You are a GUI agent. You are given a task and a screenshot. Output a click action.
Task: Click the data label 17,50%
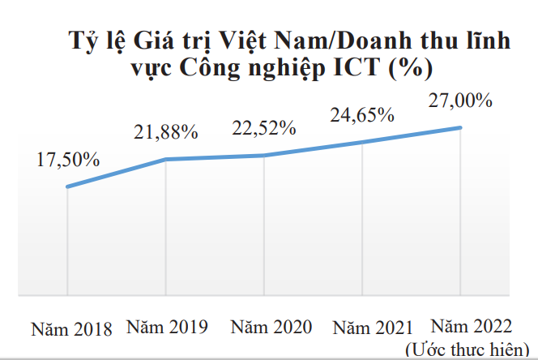tap(68, 161)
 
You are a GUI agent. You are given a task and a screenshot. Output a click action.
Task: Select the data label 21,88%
tap(166, 132)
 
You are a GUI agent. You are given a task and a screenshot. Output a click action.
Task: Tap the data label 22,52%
tap(264, 128)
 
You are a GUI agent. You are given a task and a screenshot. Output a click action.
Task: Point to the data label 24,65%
tap(362, 115)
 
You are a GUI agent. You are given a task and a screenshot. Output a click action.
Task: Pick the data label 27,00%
tap(460, 101)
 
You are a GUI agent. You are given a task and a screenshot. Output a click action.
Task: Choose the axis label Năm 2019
tap(168, 328)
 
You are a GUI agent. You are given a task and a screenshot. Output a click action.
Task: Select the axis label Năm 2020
tap(271, 328)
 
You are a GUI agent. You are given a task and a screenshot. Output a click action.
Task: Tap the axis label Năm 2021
tap(372, 328)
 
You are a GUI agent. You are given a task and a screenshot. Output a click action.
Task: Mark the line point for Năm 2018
tap(67, 187)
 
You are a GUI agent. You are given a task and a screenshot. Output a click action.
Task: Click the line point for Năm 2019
tap(166, 159)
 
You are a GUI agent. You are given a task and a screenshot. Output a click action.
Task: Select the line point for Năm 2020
tap(264, 155)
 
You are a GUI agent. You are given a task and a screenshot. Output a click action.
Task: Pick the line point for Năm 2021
tap(363, 142)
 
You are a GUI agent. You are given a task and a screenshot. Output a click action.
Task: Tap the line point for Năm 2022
tap(461, 127)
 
